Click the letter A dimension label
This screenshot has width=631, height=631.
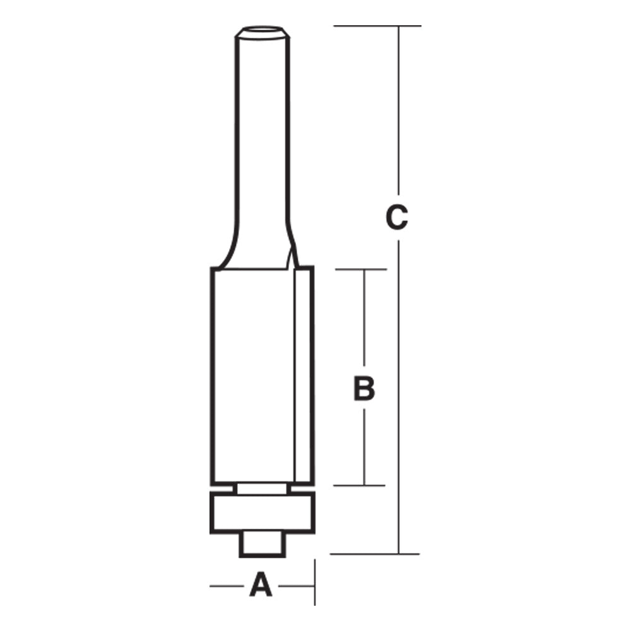click(x=261, y=585)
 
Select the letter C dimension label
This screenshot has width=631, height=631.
click(x=398, y=218)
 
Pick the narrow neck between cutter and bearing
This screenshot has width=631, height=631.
click(x=262, y=488)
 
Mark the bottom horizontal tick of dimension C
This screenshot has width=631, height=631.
click(x=375, y=554)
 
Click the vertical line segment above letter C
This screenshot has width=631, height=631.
click(x=398, y=114)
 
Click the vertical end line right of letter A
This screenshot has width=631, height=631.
click(x=314, y=582)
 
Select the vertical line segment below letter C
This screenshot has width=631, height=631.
click(x=398, y=391)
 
